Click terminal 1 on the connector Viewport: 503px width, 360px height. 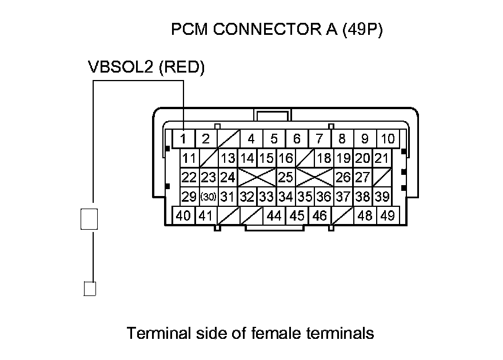tap(183, 138)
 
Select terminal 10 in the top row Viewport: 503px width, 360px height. tap(388, 138)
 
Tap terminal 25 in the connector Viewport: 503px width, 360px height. tap(285, 177)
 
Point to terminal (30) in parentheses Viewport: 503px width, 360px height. tap(209, 197)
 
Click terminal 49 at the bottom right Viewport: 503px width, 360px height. tap(388, 216)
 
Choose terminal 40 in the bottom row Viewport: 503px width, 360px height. tap(183, 216)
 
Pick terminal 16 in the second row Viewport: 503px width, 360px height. tap(285, 158)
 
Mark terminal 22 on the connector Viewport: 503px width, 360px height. tap(189, 177)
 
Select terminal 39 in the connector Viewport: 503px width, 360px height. tap(382, 197)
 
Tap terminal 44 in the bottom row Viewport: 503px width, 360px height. tap(274, 216)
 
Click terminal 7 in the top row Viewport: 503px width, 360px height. tap(320, 138)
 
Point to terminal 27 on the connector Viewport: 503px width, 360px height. tap(362, 177)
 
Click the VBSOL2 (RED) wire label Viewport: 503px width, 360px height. tap(146, 67)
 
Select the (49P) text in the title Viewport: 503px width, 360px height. tap(362, 30)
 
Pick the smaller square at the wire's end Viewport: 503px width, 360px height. tap(90, 289)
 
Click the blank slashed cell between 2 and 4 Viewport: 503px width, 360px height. tap(228, 138)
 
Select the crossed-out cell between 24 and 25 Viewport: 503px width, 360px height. tap(257, 177)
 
